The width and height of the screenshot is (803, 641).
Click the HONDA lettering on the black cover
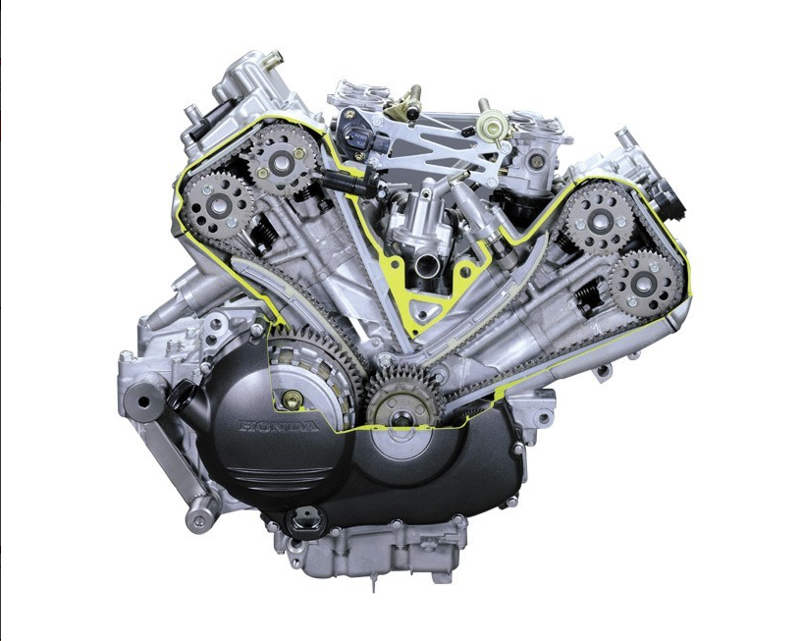(279, 426)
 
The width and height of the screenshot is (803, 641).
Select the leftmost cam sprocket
(218, 206)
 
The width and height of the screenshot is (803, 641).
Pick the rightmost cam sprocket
(646, 283)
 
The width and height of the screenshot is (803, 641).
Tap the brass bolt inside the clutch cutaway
(293, 400)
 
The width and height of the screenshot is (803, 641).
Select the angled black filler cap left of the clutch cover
(181, 395)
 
